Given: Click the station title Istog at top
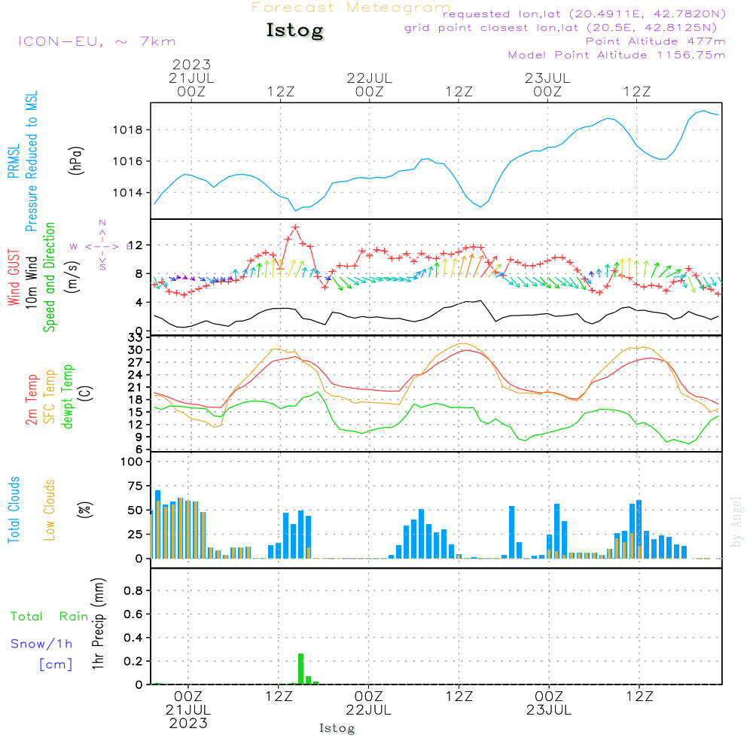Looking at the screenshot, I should click(294, 31).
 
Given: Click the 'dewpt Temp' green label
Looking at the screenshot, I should click(69, 396).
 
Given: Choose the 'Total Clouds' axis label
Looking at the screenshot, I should click(14, 509).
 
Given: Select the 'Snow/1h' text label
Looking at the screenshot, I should click(42, 644).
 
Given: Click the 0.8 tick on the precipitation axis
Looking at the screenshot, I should click(133, 590).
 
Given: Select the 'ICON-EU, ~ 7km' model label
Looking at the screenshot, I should click(96, 41).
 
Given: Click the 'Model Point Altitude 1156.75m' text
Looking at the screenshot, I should click(617, 55).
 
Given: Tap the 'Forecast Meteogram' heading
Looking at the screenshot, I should click(351, 8).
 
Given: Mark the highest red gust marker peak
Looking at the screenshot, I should click(295, 227).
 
